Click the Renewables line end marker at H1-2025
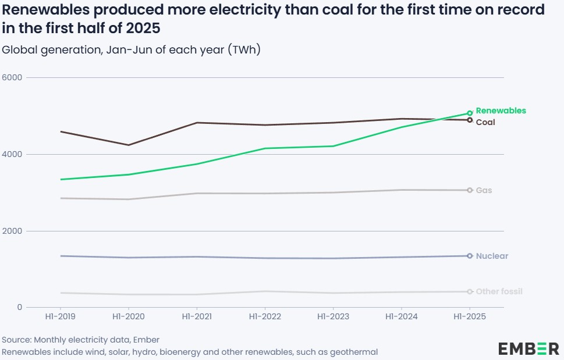coord(470,113)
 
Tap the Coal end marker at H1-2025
coord(470,120)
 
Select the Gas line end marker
coord(470,190)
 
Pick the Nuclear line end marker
coord(470,256)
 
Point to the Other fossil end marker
coord(470,291)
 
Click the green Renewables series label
coord(501,111)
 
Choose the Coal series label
coord(485,122)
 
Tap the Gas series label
coord(484,190)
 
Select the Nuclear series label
coord(492,256)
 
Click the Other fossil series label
coord(499,291)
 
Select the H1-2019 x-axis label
coord(60,317)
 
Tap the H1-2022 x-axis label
coord(265,317)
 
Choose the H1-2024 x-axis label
coord(402,317)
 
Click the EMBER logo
coord(528,348)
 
